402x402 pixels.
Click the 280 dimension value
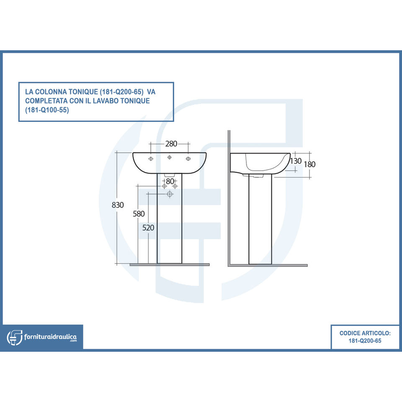pyautogui.click(x=171, y=144)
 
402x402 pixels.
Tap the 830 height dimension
pyautogui.click(x=119, y=205)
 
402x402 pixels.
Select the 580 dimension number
pyautogui.click(x=139, y=214)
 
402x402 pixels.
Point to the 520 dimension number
pyautogui.click(x=149, y=228)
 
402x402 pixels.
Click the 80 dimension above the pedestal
pyautogui.click(x=170, y=181)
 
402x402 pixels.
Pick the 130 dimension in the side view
pyautogui.click(x=296, y=161)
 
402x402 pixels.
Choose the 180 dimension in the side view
pyautogui.click(x=309, y=164)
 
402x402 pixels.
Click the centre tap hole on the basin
pyautogui.click(x=170, y=157)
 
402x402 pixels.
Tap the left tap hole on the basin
pyautogui.click(x=151, y=158)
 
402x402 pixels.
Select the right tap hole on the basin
pyautogui.click(x=188, y=158)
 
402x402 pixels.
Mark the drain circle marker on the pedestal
pyautogui.click(x=170, y=194)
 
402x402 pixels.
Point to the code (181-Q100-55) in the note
pyautogui.click(x=47, y=111)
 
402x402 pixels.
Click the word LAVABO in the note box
pyautogui.click(x=107, y=101)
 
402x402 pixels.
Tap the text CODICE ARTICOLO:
pyautogui.click(x=365, y=333)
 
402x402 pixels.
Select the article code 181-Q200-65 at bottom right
pyautogui.click(x=365, y=341)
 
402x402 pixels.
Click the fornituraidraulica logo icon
pyautogui.click(x=15, y=337)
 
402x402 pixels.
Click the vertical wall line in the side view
pyautogui.click(x=229, y=197)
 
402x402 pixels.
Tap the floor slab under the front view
pyautogui.click(x=170, y=265)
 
